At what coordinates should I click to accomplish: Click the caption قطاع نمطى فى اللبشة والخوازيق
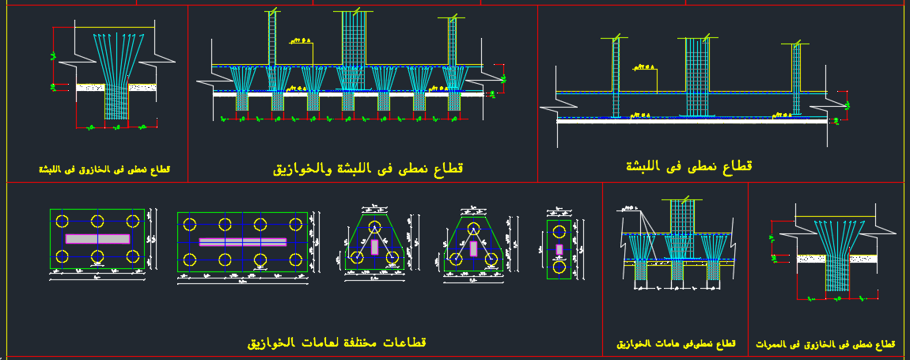click(368, 169)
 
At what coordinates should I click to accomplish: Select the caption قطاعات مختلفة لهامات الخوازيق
click(336, 343)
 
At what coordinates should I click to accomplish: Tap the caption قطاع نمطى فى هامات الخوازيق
click(677, 344)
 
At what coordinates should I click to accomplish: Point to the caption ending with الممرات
click(825, 344)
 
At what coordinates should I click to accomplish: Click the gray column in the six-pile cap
click(97, 238)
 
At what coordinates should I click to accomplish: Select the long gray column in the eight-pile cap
click(242, 242)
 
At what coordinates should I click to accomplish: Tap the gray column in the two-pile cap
click(559, 249)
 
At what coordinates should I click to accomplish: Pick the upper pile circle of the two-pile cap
click(559, 233)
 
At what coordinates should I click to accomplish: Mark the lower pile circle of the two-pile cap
click(559, 267)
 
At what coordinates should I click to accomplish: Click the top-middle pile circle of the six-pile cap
click(97, 220)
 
